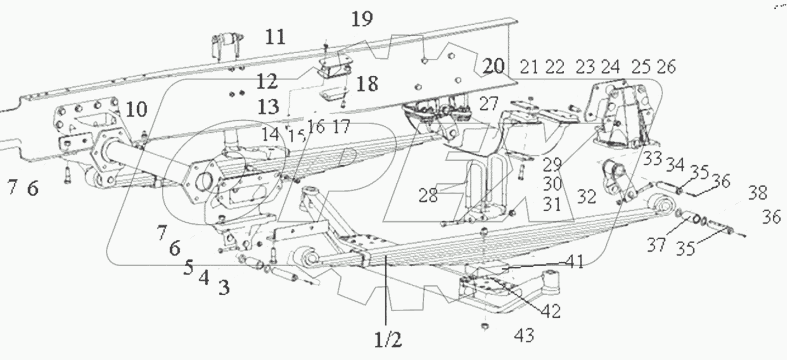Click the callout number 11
[x=275, y=37]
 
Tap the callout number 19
[x=362, y=19]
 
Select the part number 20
[x=493, y=67]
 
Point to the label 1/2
[x=389, y=341]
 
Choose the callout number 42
[x=550, y=311]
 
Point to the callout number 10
[x=136, y=110]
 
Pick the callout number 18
[x=367, y=85]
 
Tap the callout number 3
[x=223, y=288]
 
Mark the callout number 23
[x=586, y=67]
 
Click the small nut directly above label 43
[x=485, y=328]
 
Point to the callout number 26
[x=666, y=67]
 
